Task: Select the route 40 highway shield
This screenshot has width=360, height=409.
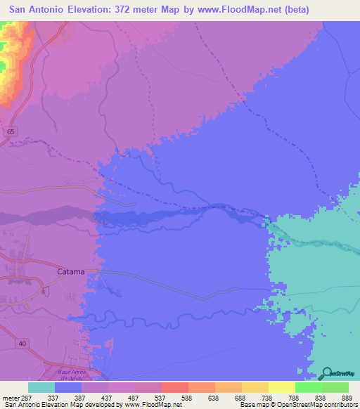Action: (x=22, y=343)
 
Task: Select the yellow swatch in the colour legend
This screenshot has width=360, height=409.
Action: (x=281, y=387)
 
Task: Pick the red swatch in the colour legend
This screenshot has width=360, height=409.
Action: (x=174, y=387)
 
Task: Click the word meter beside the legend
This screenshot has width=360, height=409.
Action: (x=10, y=397)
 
